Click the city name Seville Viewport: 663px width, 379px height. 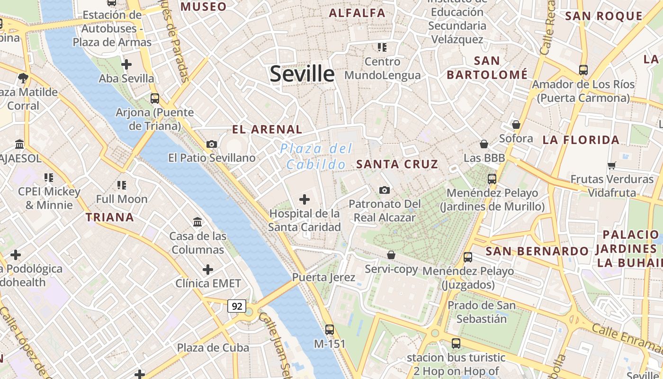(302, 74)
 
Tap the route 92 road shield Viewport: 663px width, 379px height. (237, 306)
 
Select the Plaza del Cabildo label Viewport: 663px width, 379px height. (316, 156)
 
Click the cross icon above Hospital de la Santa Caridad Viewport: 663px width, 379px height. (305, 199)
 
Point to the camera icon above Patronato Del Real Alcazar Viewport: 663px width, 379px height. (385, 190)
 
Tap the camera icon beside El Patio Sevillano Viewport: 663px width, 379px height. (212, 144)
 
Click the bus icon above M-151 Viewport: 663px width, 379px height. (330, 329)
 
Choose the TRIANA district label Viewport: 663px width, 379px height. (109, 217)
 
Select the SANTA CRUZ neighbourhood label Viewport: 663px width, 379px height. (397, 164)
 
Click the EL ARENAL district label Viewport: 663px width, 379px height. (267, 129)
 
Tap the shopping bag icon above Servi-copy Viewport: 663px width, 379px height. (391, 255)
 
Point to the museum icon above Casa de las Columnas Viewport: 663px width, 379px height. (197, 221)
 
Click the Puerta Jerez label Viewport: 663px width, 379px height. (323, 277)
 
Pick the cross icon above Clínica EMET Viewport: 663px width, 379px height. (207, 270)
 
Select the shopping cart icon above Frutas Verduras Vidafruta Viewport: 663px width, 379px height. (612, 165)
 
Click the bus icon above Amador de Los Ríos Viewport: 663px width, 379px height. (583, 70)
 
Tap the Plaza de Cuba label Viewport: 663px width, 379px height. (213, 348)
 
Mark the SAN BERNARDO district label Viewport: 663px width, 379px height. (537, 251)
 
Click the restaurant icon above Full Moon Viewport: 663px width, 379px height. (122, 185)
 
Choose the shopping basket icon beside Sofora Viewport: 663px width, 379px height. (516, 125)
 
